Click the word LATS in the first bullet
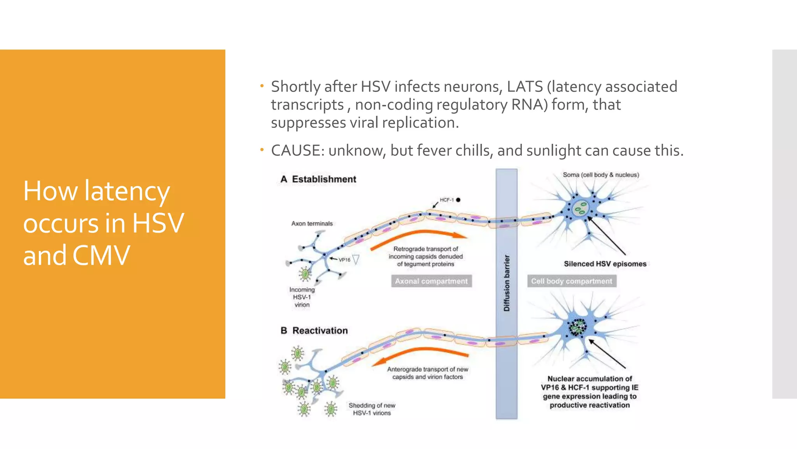[524, 87]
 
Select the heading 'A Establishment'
[318, 179]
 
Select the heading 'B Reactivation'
[314, 331]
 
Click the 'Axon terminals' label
[312, 224]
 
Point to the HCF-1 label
[446, 200]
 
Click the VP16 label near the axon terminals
[344, 260]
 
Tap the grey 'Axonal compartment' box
[431, 281]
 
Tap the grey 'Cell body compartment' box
[571, 281]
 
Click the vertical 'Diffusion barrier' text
[506, 283]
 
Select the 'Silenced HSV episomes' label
[605, 264]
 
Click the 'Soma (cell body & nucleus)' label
[600, 175]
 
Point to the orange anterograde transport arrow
[420, 353]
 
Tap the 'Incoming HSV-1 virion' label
[302, 297]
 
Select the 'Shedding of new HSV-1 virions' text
[372, 409]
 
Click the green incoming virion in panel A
[305, 274]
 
